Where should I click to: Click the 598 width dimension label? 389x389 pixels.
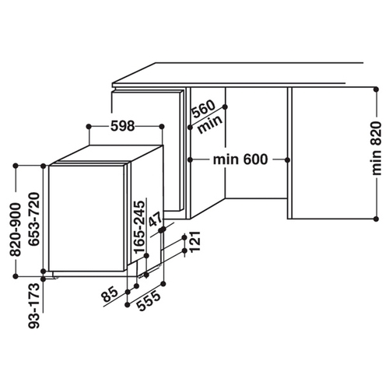[123, 126]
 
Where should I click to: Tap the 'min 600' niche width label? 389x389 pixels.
[240, 159]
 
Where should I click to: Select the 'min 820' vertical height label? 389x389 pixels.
[377, 149]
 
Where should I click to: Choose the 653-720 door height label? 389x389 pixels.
[34, 219]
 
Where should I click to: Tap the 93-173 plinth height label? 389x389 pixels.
[34, 306]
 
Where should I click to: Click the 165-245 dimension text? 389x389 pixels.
[139, 227]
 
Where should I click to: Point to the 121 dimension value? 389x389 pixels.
[195, 241]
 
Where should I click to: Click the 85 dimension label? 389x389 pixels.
[110, 294]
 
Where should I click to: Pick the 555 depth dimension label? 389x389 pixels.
[149, 301]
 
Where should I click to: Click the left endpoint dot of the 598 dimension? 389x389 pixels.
[89, 127]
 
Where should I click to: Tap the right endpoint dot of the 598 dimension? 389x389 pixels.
[162, 127]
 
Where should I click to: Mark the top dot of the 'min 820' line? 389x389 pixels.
[377, 89]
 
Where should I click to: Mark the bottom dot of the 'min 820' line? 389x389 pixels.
[377, 219]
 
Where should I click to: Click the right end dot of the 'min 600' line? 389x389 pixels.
[287, 160]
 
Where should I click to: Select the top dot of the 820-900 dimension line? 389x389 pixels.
[16, 166]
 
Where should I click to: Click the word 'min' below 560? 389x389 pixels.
[210, 124]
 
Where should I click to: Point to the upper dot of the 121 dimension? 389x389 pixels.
[184, 237]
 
